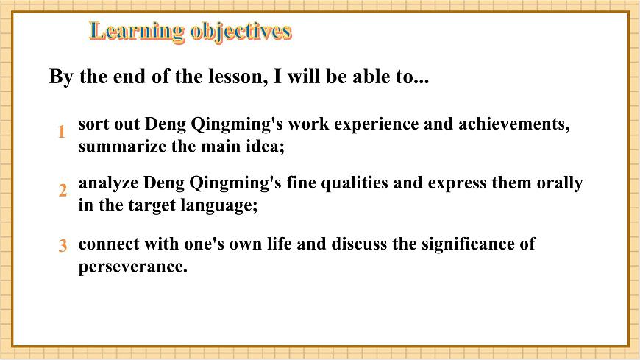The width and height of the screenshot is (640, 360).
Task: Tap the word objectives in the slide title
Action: (x=241, y=31)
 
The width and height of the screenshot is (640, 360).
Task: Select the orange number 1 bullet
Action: (x=63, y=132)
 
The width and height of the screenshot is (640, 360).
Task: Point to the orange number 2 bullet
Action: (x=63, y=191)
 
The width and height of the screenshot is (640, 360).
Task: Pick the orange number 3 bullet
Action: (x=63, y=247)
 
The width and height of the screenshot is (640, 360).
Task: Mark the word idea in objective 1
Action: (x=265, y=146)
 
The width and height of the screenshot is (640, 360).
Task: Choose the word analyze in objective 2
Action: (x=108, y=183)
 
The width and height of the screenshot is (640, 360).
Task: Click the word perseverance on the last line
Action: (x=132, y=266)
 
